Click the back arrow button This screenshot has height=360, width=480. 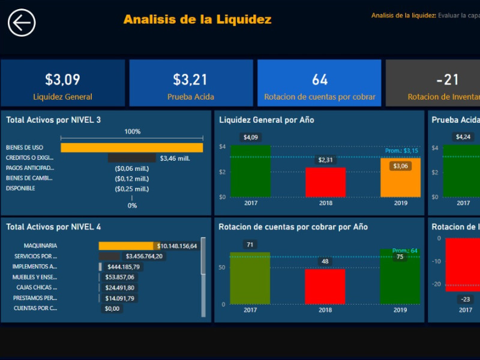pos(22,23)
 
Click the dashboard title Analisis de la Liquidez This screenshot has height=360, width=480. pos(197,19)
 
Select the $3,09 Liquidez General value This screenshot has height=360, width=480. pos(62,79)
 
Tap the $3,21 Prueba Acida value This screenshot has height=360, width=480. pos(190,79)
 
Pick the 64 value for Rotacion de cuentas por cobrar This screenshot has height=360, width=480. pos(320,79)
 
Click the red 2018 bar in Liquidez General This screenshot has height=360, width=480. pos(325,182)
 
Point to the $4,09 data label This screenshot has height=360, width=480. pos(251,137)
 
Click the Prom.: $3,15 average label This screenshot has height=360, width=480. pos(401,151)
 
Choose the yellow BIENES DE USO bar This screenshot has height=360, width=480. pos(131,148)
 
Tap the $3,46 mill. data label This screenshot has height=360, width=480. pos(175,158)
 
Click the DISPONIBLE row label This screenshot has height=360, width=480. pos(20,188)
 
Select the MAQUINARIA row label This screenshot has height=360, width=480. pos(40,246)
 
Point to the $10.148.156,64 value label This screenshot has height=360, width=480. pos(177,246)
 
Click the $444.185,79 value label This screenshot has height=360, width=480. pos(123,266)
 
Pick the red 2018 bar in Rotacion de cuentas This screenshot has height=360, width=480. pos(325,286)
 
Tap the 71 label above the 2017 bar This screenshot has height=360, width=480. pos(250,244)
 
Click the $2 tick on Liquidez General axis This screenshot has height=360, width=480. pos(222,172)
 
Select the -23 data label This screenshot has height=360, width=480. pos(466,299)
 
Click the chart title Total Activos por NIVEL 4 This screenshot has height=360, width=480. pos(53,227)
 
